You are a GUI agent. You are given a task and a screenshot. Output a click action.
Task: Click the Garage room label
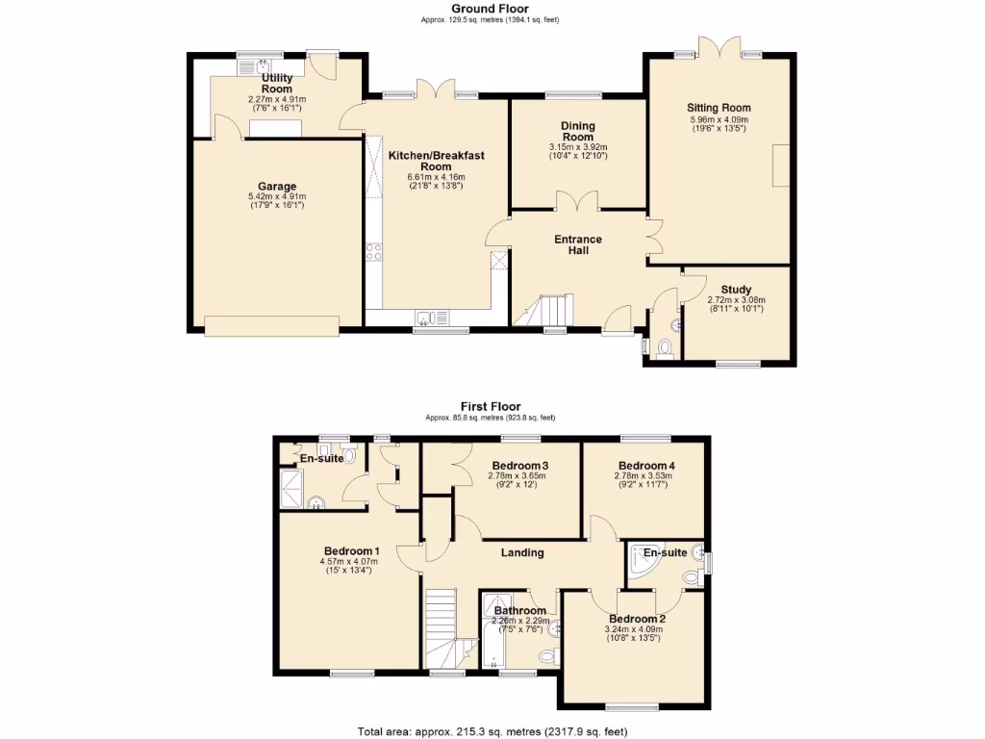(x=277, y=187)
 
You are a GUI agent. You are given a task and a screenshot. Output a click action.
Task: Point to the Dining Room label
(x=578, y=132)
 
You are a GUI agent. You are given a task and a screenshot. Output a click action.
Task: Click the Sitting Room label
(x=719, y=108)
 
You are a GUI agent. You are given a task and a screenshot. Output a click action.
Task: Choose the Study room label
(x=737, y=290)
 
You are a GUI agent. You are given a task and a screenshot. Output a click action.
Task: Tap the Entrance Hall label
(x=577, y=244)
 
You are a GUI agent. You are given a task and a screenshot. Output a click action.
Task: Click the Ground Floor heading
(x=491, y=9)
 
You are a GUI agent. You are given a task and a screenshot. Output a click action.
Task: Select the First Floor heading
(x=491, y=407)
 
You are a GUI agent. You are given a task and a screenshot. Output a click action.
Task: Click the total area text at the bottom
(x=492, y=730)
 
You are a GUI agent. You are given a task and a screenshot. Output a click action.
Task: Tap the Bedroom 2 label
(x=635, y=619)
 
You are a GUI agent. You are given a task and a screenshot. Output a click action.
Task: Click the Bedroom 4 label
(x=643, y=465)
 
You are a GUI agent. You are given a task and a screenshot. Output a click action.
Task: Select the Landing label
(x=522, y=552)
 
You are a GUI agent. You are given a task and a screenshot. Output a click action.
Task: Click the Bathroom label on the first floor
(x=520, y=610)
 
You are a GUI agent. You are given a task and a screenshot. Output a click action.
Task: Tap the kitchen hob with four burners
(x=373, y=253)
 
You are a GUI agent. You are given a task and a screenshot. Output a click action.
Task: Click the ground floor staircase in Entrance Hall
(x=543, y=311)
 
